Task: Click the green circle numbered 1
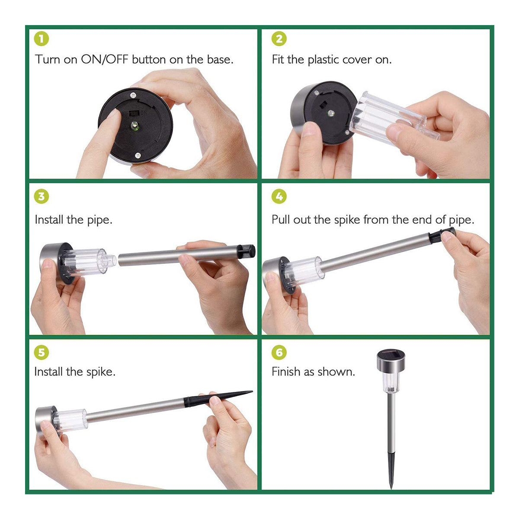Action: [x=42, y=39]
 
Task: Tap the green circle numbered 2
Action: [x=279, y=39]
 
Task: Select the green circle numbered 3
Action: [x=42, y=196]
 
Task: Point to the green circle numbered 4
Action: [x=279, y=196]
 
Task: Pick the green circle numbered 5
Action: [x=42, y=352]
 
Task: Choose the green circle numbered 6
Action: [x=279, y=352]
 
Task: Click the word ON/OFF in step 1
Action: [x=105, y=60]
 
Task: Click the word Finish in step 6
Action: [x=286, y=372]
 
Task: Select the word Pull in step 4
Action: [x=281, y=220]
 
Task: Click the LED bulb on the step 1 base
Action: [x=135, y=126]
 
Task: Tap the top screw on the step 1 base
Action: [x=133, y=95]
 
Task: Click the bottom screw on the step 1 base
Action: [x=138, y=155]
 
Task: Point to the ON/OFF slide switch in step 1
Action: [x=134, y=113]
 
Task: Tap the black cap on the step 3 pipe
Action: [x=246, y=251]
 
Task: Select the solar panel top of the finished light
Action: [x=391, y=352]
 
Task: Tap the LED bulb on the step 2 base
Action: [x=331, y=113]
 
